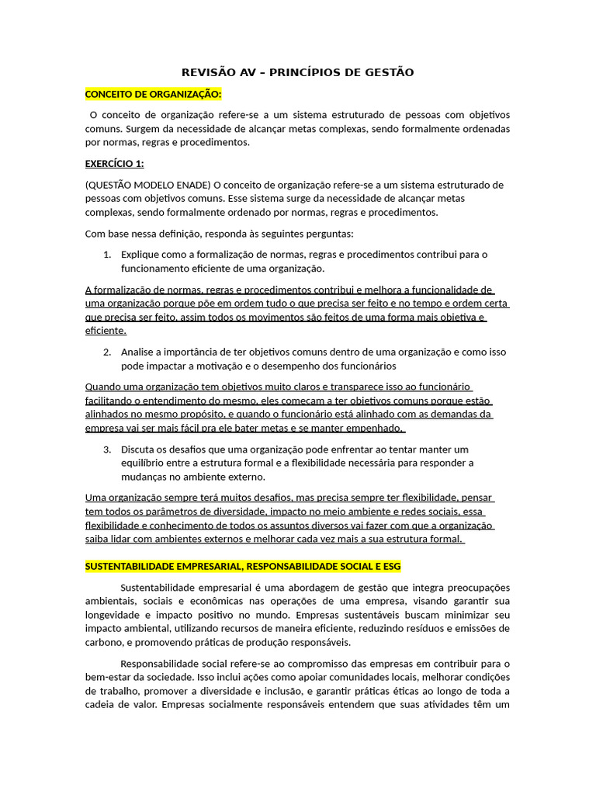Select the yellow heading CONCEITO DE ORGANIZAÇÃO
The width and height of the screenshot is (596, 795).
(x=153, y=94)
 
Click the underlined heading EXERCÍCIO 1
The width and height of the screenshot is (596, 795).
(x=114, y=164)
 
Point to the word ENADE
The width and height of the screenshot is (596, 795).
(x=191, y=185)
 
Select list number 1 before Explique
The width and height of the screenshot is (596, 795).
(x=106, y=255)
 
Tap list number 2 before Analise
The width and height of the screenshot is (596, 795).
(x=106, y=352)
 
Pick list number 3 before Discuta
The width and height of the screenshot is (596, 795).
(x=106, y=450)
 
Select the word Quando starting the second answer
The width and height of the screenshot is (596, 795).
(x=103, y=387)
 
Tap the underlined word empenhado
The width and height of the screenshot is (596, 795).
(x=379, y=429)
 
